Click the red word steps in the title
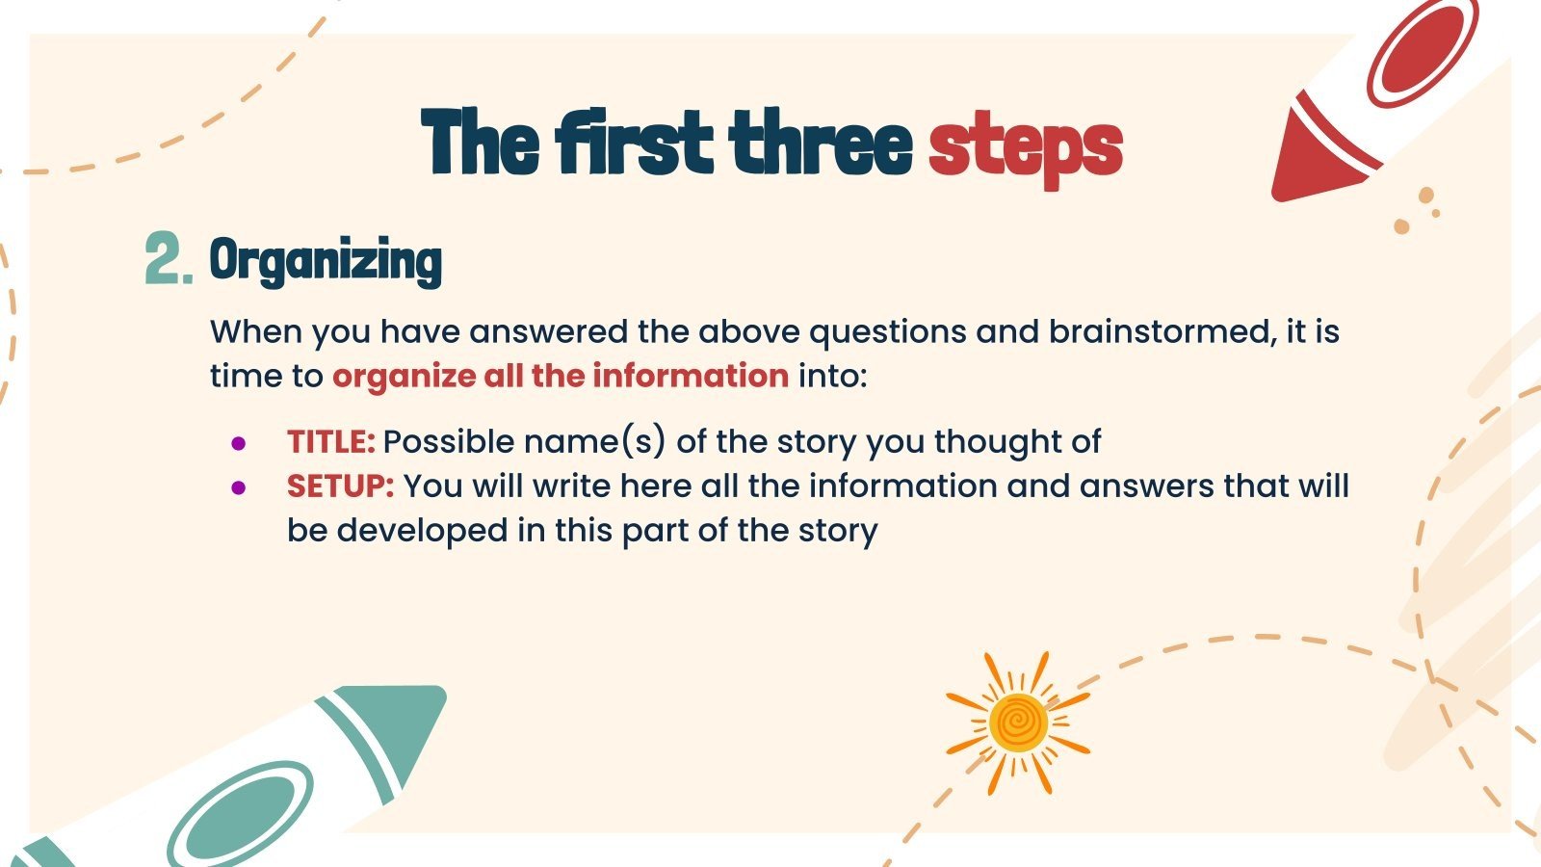(1025, 146)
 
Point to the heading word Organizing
(326, 261)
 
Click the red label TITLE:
(330, 442)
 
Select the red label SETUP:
(340, 486)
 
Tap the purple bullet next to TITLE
(239, 444)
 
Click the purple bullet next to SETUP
(239, 488)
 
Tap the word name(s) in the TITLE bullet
(594, 442)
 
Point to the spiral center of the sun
(1018, 722)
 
